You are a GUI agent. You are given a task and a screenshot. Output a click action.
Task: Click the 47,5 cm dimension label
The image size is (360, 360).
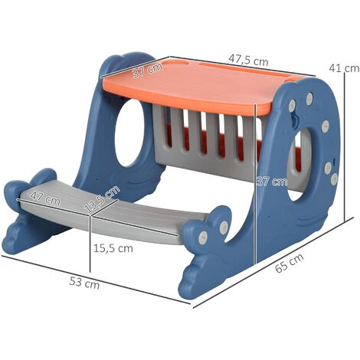click(248, 61)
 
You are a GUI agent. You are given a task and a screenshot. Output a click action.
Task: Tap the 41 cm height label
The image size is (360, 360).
click(344, 68)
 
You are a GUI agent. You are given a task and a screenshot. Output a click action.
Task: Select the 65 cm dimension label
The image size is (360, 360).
click(290, 263)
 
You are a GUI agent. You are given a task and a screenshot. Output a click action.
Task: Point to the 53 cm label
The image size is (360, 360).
click(84, 283)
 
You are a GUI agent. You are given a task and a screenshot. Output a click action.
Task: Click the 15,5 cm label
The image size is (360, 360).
click(113, 248)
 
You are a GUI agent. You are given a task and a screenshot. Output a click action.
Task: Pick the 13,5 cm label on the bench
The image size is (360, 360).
click(102, 199)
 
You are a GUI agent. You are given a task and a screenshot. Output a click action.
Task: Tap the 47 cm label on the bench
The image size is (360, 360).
click(45, 198)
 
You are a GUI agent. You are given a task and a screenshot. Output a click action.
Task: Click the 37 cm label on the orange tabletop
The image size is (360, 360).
click(147, 70)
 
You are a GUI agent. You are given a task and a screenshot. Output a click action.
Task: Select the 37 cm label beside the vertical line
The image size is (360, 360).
click(272, 182)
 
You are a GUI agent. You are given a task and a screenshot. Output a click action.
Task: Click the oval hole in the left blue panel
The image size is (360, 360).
click(129, 133)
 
